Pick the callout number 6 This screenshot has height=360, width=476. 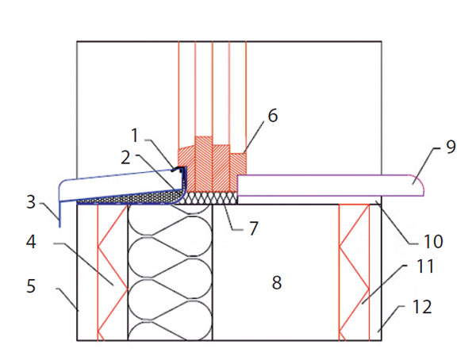click(x=272, y=116)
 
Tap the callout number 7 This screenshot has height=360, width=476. click(x=254, y=230)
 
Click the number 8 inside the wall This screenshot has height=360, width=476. click(x=276, y=281)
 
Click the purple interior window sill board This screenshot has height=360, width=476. click(x=325, y=186)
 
